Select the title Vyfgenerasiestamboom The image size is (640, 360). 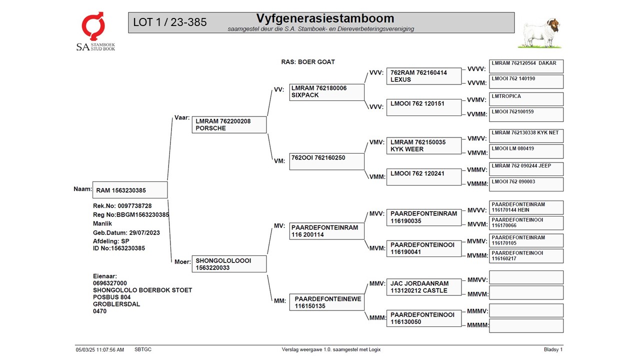pyautogui.click(x=325, y=18)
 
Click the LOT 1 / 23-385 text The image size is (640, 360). pyautogui.click(x=170, y=22)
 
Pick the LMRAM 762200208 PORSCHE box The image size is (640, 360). pyautogui.click(x=229, y=124)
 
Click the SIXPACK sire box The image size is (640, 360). pyautogui.click(x=326, y=91)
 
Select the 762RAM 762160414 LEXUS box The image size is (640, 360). pyautogui.click(x=423, y=76)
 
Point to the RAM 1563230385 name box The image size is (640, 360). pyautogui.click(x=130, y=190)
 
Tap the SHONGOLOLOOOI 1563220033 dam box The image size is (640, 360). pyautogui.click(x=229, y=264)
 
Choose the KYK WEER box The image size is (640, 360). pyautogui.click(x=423, y=145)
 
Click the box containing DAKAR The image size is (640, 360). pyautogui.click(x=526, y=66)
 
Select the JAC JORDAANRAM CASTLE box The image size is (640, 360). pyautogui.click(x=423, y=287)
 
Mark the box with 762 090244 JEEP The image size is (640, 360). pyautogui.click(x=526, y=168)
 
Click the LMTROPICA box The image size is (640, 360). pyautogui.click(x=526, y=99)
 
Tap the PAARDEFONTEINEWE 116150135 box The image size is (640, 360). pyautogui.click(x=326, y=302)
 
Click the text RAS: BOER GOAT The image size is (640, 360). pyautogui.click(x=308, y=62)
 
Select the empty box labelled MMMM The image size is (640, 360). pyautogui.click(x=526, y=326)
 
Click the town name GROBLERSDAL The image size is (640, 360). pyautogui.click(x=116, y=304)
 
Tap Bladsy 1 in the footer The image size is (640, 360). pyautogui.click(x=553, y=349)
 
